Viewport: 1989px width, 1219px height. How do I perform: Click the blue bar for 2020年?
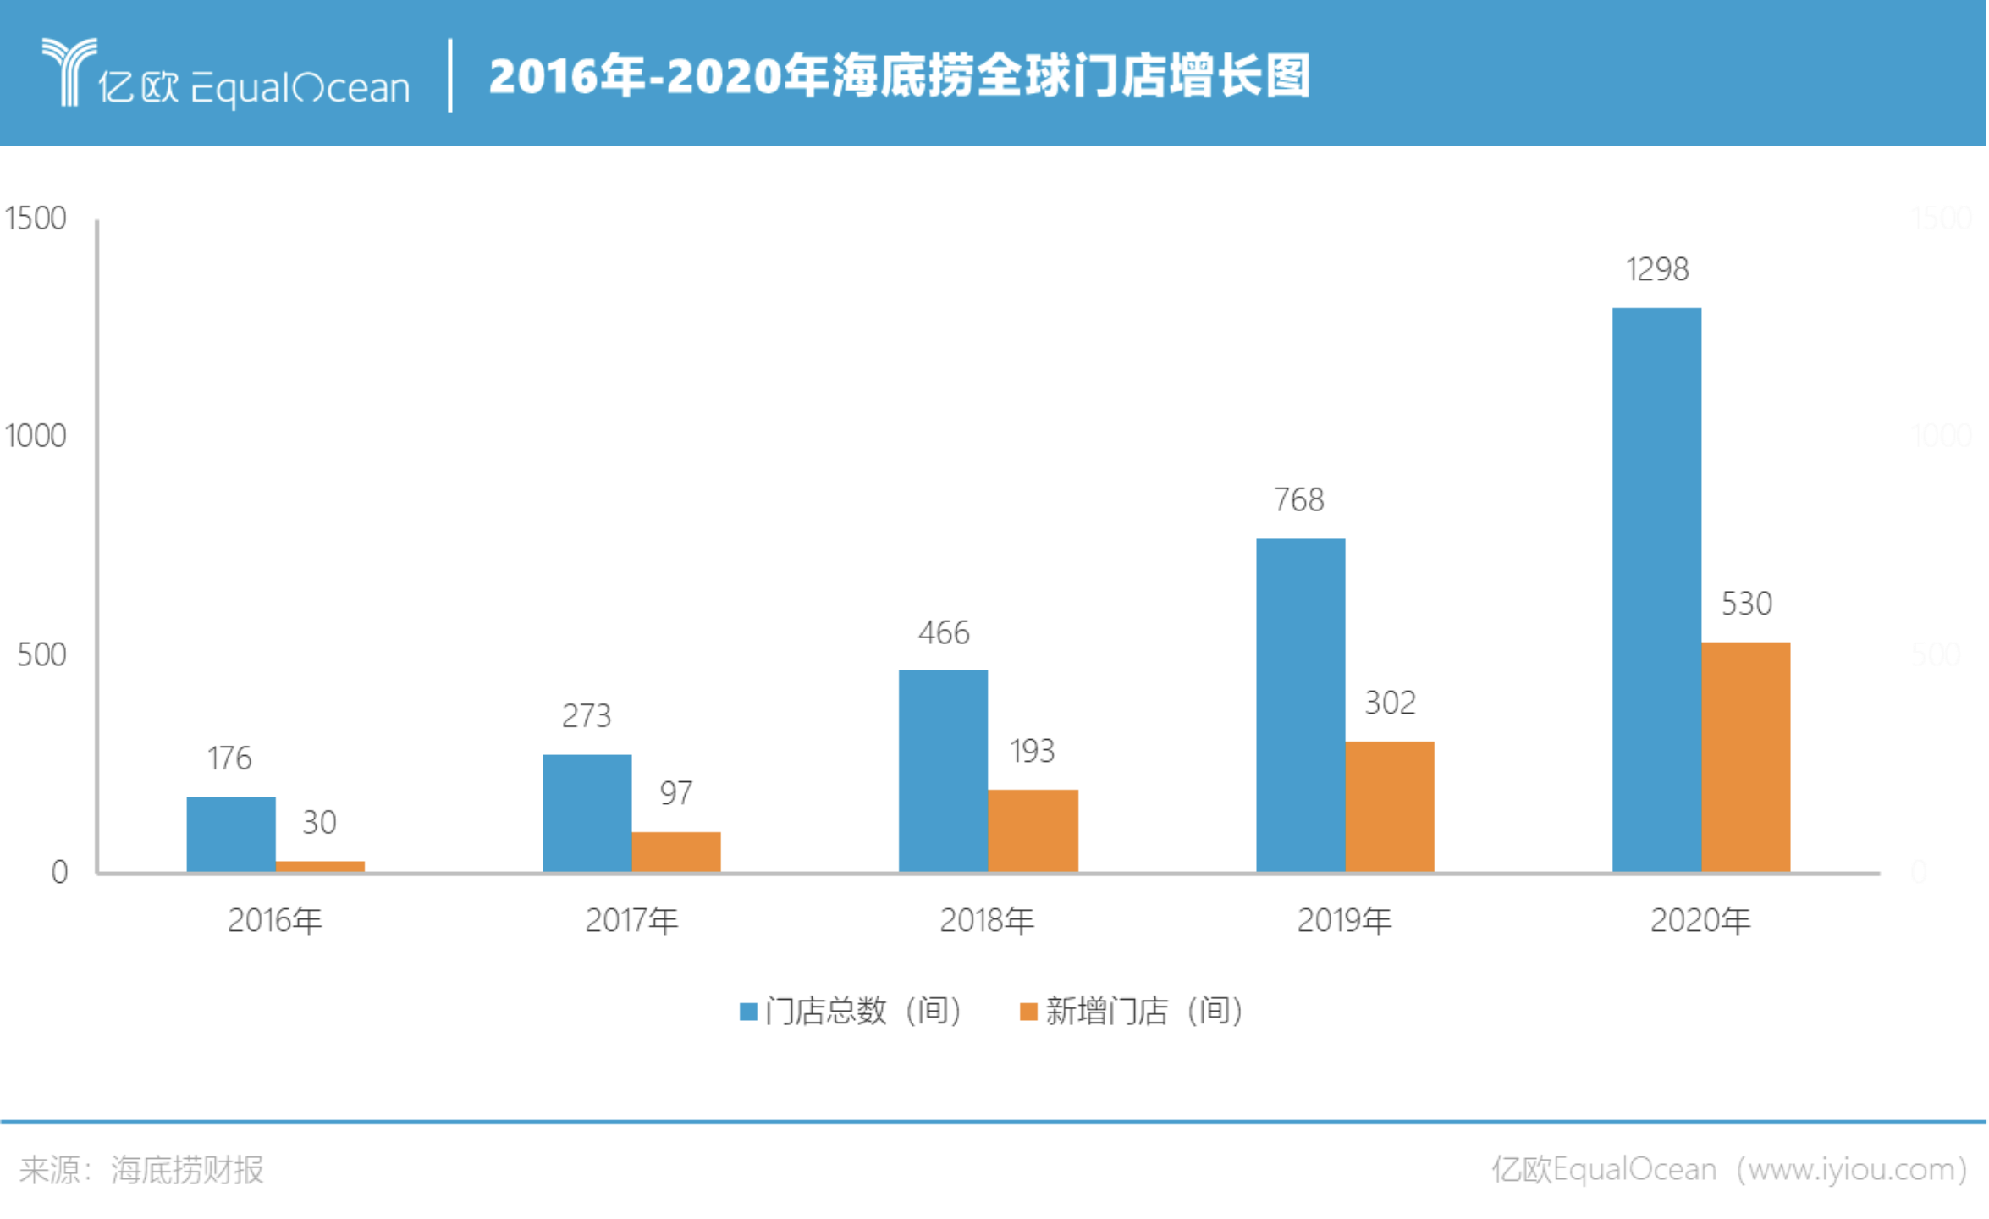point(1657,590)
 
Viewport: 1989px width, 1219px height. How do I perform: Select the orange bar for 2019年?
point(1391,807)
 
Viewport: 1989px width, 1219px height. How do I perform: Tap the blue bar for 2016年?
point(231,835)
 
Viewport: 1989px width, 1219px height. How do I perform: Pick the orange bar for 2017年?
point(676,852)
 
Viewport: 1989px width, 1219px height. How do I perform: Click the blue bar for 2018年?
point(944,771)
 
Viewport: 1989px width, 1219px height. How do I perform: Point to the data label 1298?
point(1657,269)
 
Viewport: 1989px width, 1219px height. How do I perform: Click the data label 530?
point(1747,604)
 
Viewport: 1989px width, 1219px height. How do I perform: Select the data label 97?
point(676,793)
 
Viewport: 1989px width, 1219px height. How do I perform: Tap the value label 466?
point(944,632)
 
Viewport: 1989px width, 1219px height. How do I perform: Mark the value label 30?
point(320,822)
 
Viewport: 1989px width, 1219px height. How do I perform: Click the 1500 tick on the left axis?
point(36,218)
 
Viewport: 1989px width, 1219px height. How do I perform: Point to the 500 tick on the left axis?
point(41,654)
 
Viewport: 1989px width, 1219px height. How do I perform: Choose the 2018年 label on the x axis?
point(988,920)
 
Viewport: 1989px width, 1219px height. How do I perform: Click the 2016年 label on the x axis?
point(275,920)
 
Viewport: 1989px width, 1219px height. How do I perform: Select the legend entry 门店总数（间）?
point(851,1011)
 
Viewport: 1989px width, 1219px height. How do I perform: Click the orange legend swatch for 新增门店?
point(1029,1012)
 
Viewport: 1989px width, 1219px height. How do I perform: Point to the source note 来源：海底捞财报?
point(141,1170)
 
